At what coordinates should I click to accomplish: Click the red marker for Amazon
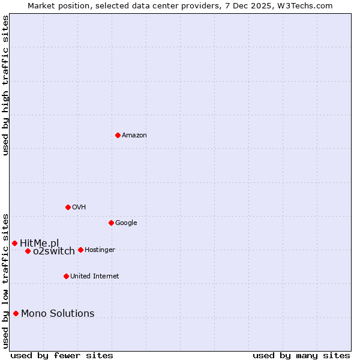(x=118, y=135)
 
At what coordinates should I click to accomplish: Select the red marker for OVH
(x=68, y=207)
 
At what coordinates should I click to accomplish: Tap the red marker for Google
(x=111, y=223)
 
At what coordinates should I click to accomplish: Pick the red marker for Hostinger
(x=80, y=250)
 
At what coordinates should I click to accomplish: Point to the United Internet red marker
(x=66, y=276)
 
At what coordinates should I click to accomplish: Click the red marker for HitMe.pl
(x=14, y=243)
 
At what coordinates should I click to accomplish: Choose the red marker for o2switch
(x=28, y=251)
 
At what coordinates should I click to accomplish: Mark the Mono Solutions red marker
(x=16, y=313)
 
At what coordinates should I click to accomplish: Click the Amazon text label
(x=134, y=136)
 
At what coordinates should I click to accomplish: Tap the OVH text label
(x=79, y=208)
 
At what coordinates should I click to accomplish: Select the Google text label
(x=126, y=223)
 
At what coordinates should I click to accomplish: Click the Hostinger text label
(x=100, y=250)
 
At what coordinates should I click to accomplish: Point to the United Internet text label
(x=94, y=277)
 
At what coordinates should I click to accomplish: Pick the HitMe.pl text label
(x=40, y=243)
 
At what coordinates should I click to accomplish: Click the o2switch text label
(x=54, y=251)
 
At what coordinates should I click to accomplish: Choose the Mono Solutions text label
(x=58, y=314)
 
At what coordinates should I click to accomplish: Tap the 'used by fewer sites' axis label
(x=62, y=355)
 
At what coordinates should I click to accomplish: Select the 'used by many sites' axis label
(x=301, y=355)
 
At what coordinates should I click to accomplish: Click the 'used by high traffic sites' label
(x=5, y=85)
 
